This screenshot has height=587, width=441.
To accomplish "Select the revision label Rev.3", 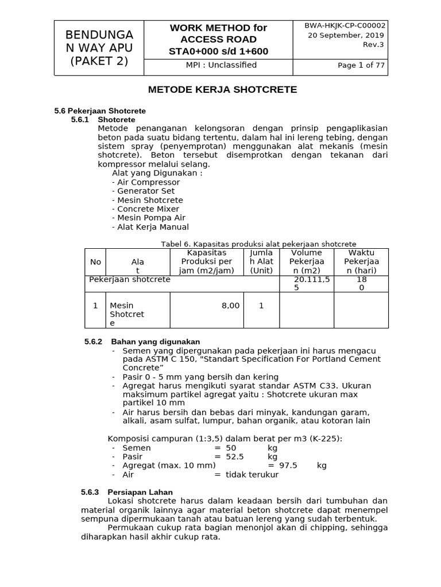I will (x=375, y=45).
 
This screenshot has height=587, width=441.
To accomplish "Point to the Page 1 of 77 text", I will (x=361, y=65).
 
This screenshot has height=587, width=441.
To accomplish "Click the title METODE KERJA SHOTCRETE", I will (x=223, y=90).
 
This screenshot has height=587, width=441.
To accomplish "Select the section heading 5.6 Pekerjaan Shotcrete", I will (x=100, y=111).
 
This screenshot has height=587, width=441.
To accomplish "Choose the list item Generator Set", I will (x=144, y=191).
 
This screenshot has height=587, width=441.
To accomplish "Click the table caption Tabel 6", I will (x=258, y=244).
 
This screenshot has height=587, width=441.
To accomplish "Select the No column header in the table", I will (x=95, y=261).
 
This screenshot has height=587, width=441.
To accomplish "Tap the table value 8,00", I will (x=230, y=306).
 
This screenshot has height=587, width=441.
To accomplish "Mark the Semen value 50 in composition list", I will (x=231, y=448).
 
